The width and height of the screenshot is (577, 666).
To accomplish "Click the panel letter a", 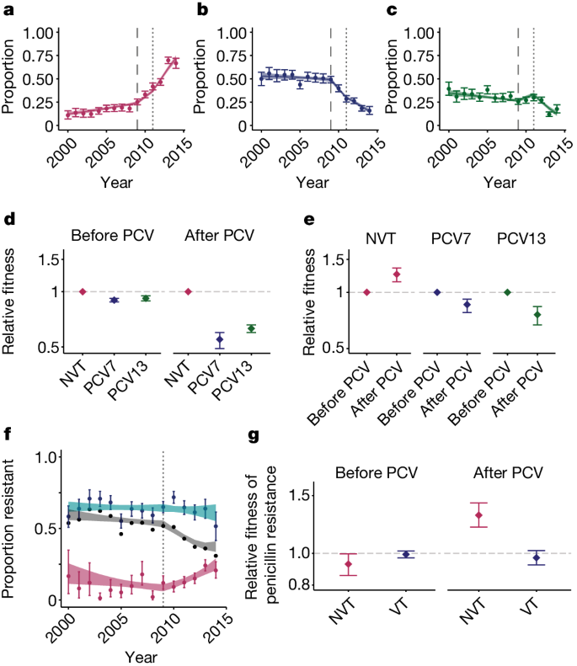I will [9, 10].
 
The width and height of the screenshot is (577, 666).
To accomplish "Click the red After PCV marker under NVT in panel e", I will [397, 274].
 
